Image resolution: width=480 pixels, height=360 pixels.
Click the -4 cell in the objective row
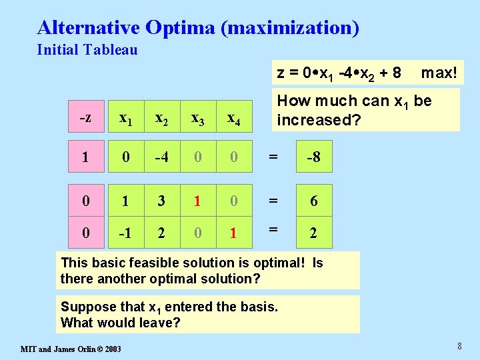(161, 157)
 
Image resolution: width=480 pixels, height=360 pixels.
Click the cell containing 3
(161, 201)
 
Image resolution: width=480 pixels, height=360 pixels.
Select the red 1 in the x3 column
(197, 201)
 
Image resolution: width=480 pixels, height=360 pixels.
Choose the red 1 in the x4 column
(234, 234)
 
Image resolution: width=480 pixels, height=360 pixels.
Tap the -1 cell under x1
(124, 234)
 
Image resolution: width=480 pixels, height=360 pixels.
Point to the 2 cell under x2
(161, 234)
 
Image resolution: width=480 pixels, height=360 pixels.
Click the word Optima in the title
(177, 28)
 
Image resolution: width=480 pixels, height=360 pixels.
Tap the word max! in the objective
(439, 73)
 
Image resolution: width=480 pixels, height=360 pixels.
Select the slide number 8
(459, 346)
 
